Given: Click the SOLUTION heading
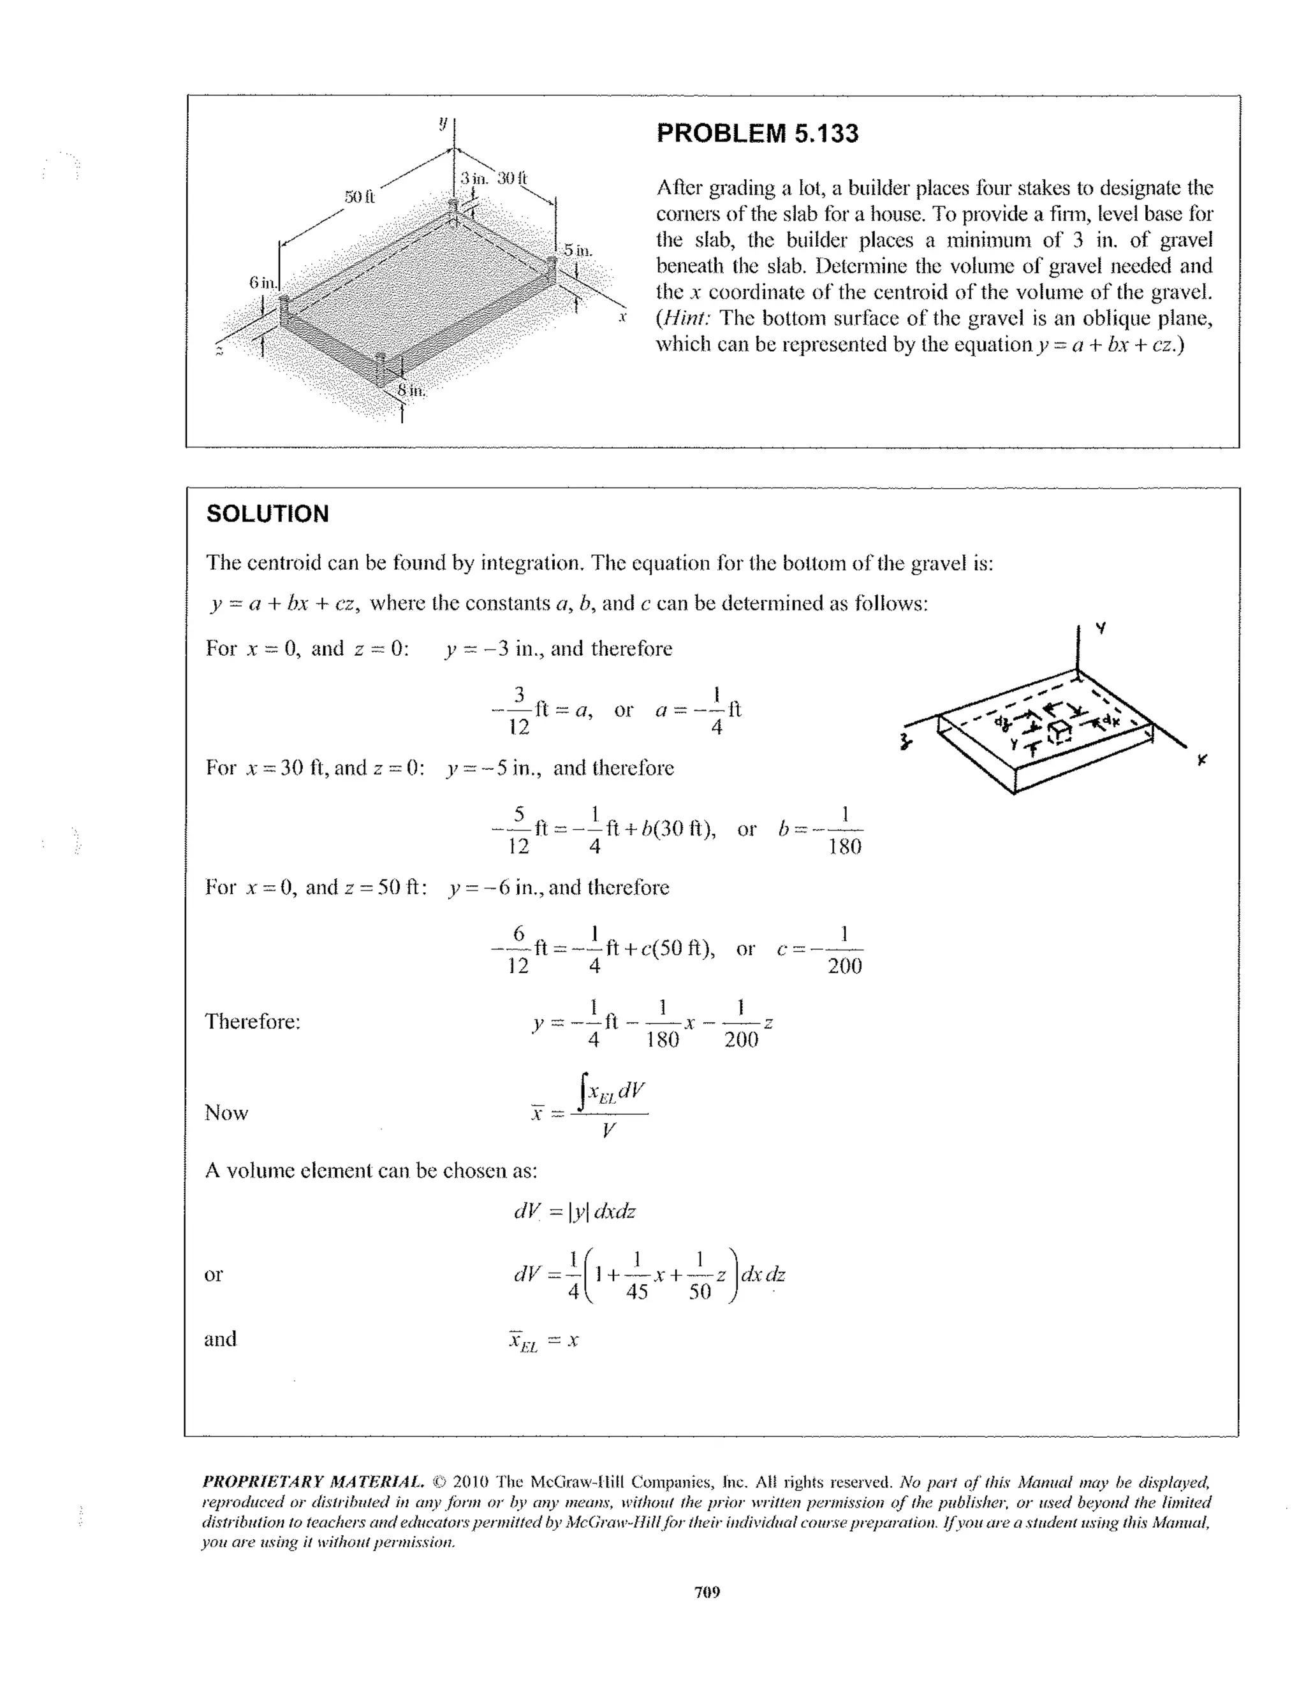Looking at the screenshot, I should point(267,514).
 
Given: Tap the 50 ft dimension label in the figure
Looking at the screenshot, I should point(359,197).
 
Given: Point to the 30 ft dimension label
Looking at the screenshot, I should point(512,178).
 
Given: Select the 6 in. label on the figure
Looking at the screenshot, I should point(262,282).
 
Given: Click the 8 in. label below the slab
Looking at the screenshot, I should point(411,390).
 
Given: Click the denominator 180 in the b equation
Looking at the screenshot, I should point(844,846).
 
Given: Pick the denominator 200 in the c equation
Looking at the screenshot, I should point(844,966).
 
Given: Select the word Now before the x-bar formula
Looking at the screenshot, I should point(226,1113).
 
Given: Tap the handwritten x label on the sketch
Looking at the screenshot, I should point(1201,760).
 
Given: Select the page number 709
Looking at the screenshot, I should point(707,1593).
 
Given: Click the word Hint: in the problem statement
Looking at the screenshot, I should point(687,319).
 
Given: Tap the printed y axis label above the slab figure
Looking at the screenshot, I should point(443,122).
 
